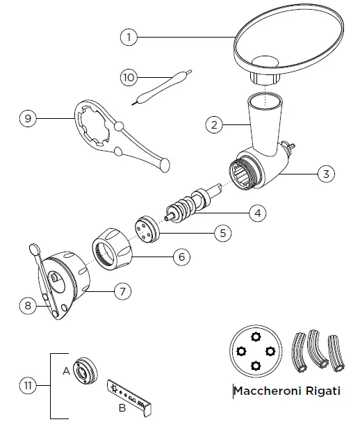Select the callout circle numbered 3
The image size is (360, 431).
[x=326, y=174]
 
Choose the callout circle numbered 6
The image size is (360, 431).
[x=181, y=257]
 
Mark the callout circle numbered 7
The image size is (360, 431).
[x=122, y=291]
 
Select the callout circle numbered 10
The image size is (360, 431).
[x=129, y=78]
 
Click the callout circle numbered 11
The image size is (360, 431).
[x=26, y=384]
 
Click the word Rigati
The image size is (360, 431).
[x=320, y=391]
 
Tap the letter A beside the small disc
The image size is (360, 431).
[x=67, y=371]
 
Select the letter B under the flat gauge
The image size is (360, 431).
[x=122, y=408]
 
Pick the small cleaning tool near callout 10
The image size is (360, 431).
[x=161, y=88]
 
